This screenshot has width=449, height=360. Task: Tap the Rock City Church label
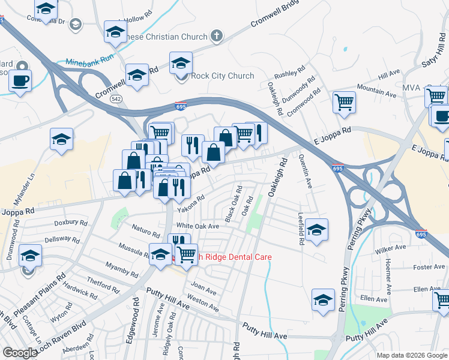tap(222, 76)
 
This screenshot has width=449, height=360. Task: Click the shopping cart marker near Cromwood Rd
tap(344, 102)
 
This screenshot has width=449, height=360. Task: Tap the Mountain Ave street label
tap(377, 91)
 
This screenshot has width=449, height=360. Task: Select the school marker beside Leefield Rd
tap(316, 230)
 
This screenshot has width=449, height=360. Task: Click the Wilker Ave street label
tap(391, 248)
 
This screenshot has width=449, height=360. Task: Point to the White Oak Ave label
tap(197, 226)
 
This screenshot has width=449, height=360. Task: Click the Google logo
tap(20, 353)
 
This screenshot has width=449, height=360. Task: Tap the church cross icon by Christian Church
tap(217, 37)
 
